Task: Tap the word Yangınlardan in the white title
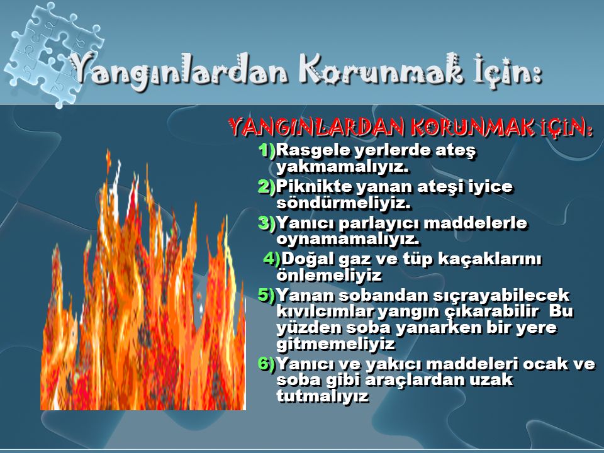[179, 73]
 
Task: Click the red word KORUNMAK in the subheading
[473, 127]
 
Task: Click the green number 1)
[267, 150]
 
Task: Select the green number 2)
[267, 186]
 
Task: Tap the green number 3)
[267, 223]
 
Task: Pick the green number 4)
[272, 259]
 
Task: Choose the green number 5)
[267, 295]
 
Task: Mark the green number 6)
[267, 364]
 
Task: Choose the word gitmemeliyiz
[336, 344]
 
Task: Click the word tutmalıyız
[323, 396]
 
